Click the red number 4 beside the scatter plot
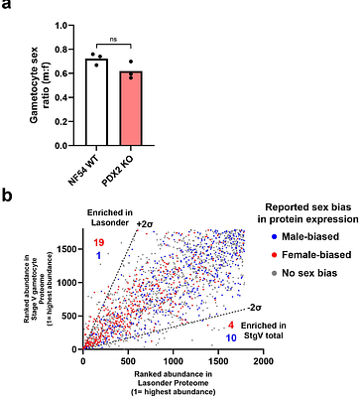[230, 325]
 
